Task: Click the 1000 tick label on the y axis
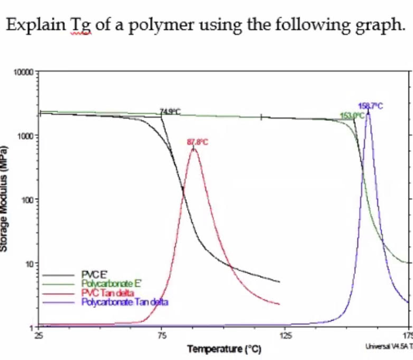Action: point(25,136)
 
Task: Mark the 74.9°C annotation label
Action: point(170,111)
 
